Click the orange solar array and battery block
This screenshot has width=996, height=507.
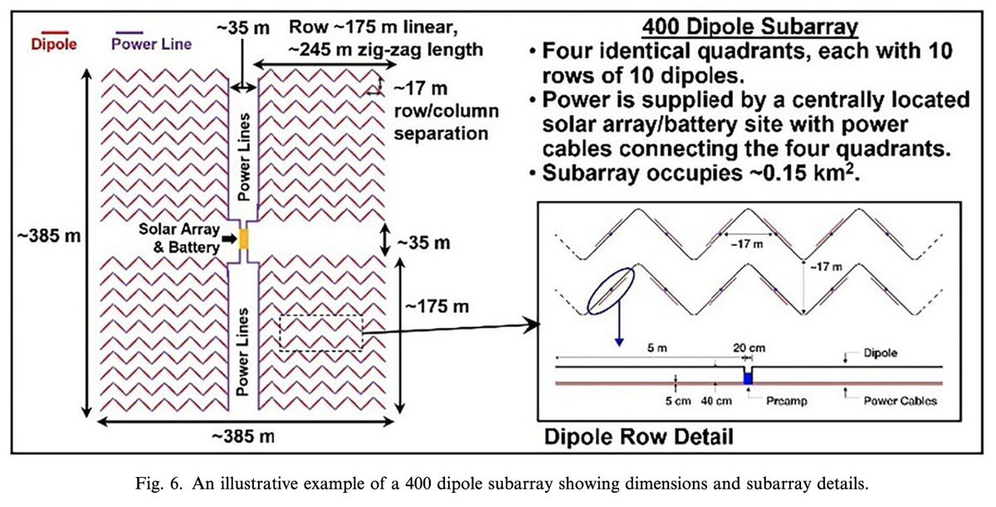point(244,241)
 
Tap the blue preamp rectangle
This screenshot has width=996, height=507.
point(748,378)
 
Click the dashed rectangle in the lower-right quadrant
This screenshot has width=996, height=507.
point(321,333)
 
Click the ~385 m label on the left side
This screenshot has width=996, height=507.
point(49,235)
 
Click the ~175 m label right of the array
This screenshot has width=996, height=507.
point(437,307)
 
